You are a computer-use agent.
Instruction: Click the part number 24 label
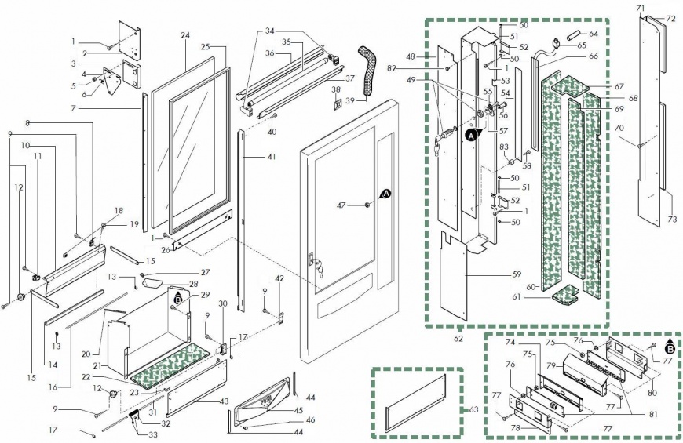[x=185, y=36]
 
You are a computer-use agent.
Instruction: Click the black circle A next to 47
[x=386, y=193]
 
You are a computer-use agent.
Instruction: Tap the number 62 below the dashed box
[x=458, y=339]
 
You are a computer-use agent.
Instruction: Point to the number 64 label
[x=593, y=34]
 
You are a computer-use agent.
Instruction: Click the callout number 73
[x=672, y=220]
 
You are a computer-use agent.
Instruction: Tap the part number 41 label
[x=271, y=158]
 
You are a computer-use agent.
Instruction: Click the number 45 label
[x=298, y=410]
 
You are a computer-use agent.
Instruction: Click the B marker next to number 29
[x=178, y=300]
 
